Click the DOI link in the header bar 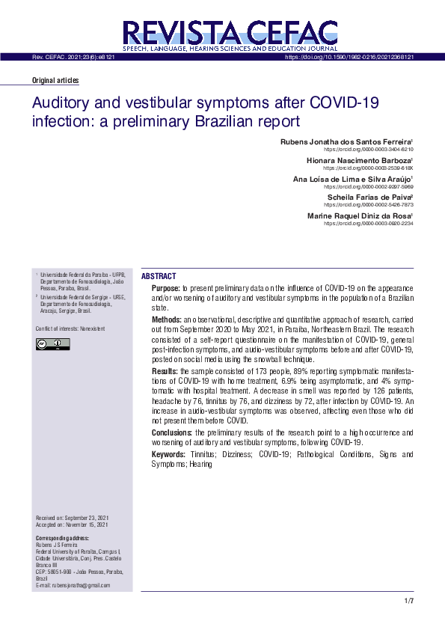pyautogui.click(x=350, y=57)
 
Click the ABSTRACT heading pyautogui.click(x=159, y=276)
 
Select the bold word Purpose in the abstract pyautogui.click(x=165, y=288)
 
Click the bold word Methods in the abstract pyautogui.click(x=166, y=319)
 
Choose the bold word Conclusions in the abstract pyautogui.click(x=172, y=432)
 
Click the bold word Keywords pyautogui.click(x=168, y=454)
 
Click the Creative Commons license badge pyautogui.click(x=52, y=344)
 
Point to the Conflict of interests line pyautogui.click(x=70, y=328)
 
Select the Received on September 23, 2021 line pyautogui.click(x=73, y=519)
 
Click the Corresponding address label pyautogui.click(x=62, y=538)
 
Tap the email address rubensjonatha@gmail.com pyautogui.click(x=72, y=585)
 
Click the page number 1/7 pyautogui.click(x=408, y=602)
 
